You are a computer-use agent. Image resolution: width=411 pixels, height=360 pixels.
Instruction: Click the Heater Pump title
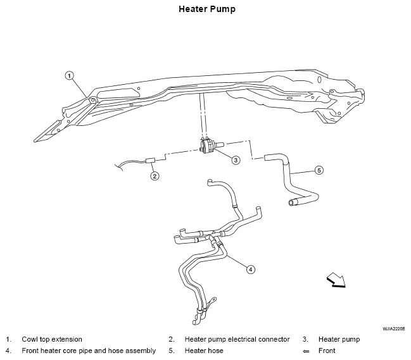(x=207, y=9)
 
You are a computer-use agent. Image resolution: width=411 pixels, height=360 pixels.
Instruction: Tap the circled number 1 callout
(x=69, y=76)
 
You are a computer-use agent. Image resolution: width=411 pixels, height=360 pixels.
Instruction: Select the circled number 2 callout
(x=155, y=176)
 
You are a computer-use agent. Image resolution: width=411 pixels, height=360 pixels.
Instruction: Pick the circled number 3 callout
(x=236, y=159)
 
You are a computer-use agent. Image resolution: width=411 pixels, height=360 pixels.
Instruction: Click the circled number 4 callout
(x=251, y=269)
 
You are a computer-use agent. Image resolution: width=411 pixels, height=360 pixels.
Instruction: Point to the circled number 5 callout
(x=319, y=170)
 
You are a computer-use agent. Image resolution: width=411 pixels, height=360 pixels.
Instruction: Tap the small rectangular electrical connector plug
(x=150, y=161)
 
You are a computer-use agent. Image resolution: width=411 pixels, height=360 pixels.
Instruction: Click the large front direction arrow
(x=336, y=280)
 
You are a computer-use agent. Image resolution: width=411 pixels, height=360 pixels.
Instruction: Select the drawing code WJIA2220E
(x=393, y=328)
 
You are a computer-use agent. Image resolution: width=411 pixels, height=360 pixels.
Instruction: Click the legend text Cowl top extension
(x=52, y=339)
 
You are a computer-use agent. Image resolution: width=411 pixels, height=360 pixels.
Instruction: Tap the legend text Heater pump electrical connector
(x=237, y=339)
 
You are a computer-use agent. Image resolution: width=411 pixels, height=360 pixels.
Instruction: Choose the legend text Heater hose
(x=204, y=351)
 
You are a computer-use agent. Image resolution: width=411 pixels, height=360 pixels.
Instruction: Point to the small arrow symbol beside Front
(x=306, y=351)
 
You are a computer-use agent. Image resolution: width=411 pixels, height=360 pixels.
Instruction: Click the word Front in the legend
(x=327, y=351)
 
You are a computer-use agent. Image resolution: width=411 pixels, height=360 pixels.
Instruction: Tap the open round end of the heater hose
(x=291, y=202)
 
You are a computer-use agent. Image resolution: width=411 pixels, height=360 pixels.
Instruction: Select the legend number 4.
(x=8, y=351)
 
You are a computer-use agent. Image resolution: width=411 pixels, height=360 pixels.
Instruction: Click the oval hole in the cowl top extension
(x=319, y=80)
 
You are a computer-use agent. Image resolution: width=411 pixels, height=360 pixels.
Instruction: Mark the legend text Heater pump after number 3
(x=339, y=339)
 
